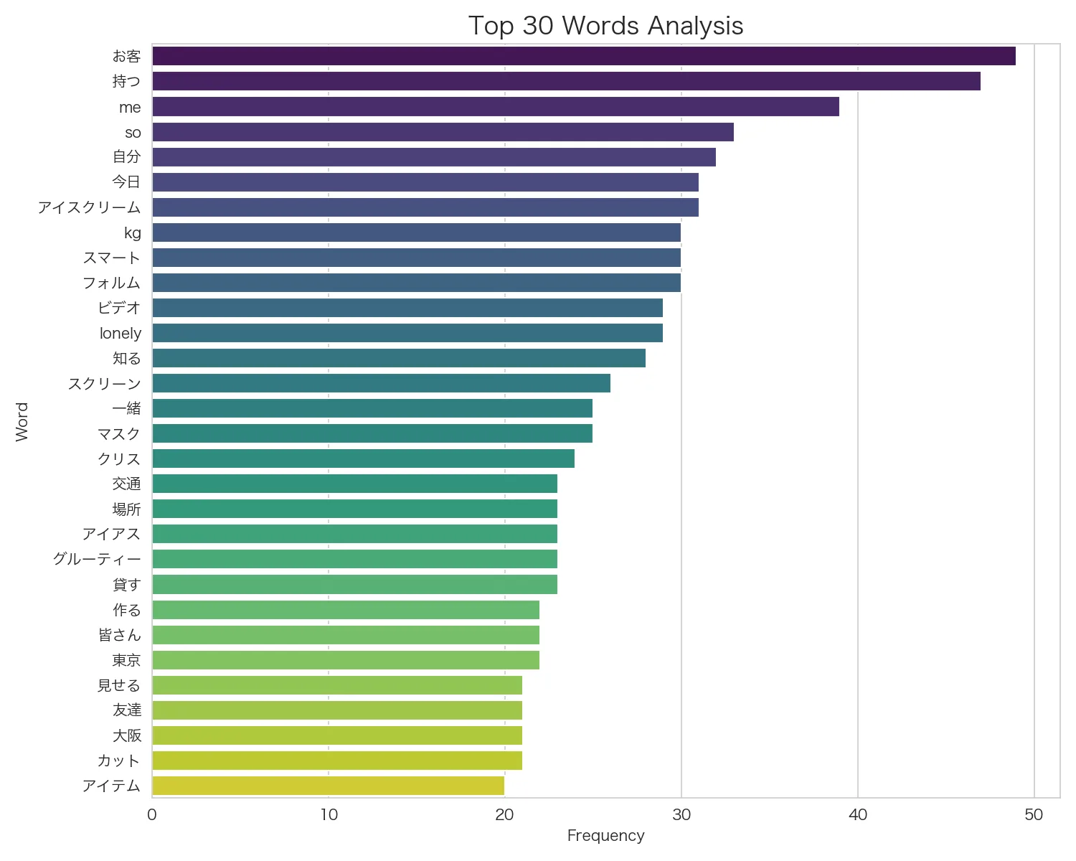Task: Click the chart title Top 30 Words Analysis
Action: pos(605,26)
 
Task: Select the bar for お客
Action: pos(583,56)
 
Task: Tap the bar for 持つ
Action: pos(566,81)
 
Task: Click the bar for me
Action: pos(495,107)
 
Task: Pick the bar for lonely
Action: pos(407,333)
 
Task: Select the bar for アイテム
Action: pos(328,786)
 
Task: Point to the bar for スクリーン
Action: pos(381,383)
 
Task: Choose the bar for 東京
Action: pos(345,660)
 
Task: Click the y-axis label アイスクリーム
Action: pos(89,207)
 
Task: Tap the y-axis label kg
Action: pos(133,233)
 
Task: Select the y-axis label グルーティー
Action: pos(97,559)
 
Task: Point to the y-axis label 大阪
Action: pos(127,735)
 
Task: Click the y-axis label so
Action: pos(133,133)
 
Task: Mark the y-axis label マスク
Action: pos(119,433)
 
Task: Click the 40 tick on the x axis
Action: pos(857,814)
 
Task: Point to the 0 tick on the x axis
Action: pos(152,814)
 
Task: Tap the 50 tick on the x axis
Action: pos(1034,814)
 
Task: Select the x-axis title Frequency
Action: pos(605,836)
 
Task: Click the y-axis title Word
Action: pos(22,421)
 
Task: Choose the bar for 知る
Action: pos(398,358)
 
